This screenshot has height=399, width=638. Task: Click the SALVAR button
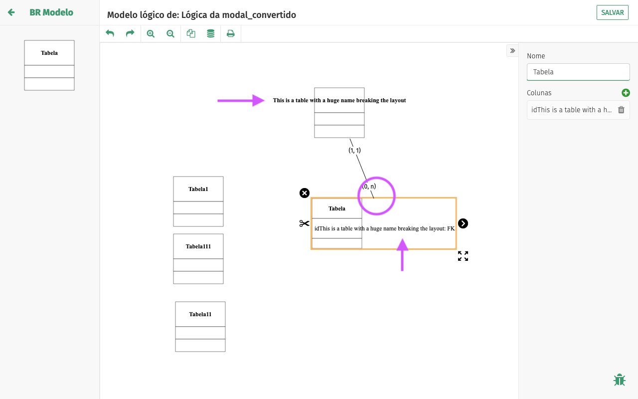[612, 12]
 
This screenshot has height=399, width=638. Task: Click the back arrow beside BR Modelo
[11, 12]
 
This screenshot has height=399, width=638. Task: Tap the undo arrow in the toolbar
[110, 33]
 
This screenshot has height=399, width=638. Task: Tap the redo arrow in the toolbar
[130, 33]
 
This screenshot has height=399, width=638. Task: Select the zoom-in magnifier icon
[151, 33]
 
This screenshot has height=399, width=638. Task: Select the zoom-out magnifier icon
[170, 33]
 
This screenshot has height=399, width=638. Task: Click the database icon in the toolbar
[211, 33]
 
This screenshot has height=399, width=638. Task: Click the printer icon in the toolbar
[231, 33]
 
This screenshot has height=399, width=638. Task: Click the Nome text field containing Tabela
[578, 72]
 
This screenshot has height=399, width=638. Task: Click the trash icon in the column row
[621, 110]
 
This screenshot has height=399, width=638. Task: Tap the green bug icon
[620, 380]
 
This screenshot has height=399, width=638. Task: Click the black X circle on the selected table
[305, 193]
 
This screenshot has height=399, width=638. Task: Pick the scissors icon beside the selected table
[305, 223]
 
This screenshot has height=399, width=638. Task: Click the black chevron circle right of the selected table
[463, 223]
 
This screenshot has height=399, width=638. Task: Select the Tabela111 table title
[198, 246]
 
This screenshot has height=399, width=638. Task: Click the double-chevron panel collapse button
[512, 51]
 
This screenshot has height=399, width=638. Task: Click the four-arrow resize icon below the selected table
[463, 256]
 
